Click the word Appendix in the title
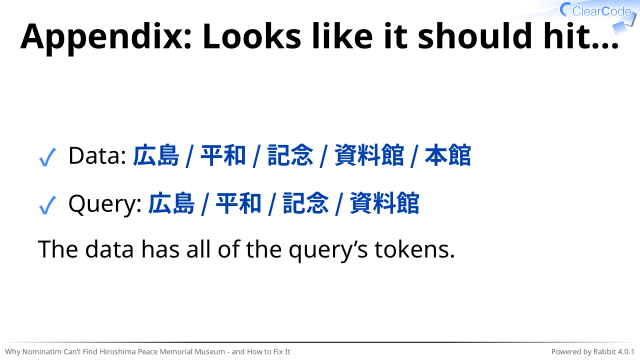click(107, 38)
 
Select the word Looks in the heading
click(253, 36)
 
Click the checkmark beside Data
click(47, 157)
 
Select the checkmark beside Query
click(47, 205)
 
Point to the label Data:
click(98, 156)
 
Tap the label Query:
click(105, 204)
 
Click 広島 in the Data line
click(156, 156)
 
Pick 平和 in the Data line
click(223, 156)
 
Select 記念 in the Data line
click(290, 156)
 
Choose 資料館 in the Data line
click(369, 156)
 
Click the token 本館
click(448, 156)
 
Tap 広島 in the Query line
click(171, 203)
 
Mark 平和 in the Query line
click(238, 203)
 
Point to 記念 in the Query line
click(306, 203)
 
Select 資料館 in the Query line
click(384, 203)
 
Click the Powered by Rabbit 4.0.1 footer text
click(593, 351)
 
